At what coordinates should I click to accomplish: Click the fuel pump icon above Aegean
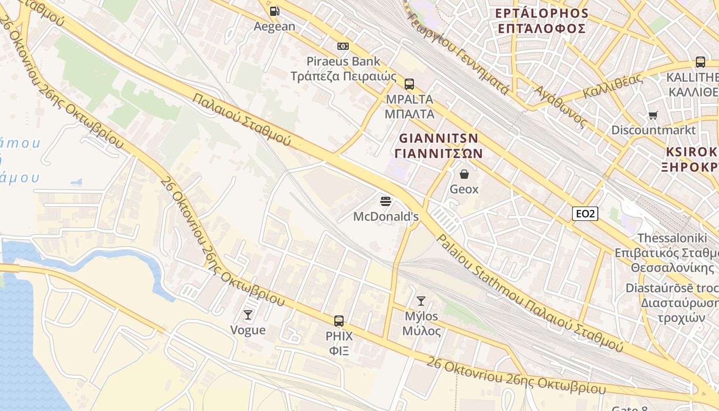point(275,11)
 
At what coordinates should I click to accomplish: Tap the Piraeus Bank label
point(343,62)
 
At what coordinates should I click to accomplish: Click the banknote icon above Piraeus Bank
point(343,46)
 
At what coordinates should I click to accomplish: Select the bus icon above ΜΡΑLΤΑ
point(409,84)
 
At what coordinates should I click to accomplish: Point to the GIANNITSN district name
point(439,138)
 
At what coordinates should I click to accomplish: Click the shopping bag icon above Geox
point(464,174)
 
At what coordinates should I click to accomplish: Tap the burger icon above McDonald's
point(386,201)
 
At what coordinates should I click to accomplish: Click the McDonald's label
point(386,217)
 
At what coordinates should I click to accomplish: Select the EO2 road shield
point(585,213)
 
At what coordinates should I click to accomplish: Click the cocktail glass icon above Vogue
point(248,314)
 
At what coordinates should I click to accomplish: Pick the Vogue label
point(248,330)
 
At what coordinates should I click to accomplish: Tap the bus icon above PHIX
point(339,321)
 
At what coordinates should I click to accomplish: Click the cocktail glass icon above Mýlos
point(421,301)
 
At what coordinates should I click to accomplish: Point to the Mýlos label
point(421,316)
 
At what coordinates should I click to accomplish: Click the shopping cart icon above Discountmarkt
point(653,115)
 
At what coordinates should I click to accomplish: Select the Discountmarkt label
point(653,130)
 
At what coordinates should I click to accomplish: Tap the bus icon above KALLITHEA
point(700,62)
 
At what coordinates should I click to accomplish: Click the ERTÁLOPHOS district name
point(541,13)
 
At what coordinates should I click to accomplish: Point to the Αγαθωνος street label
point(560,107)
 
